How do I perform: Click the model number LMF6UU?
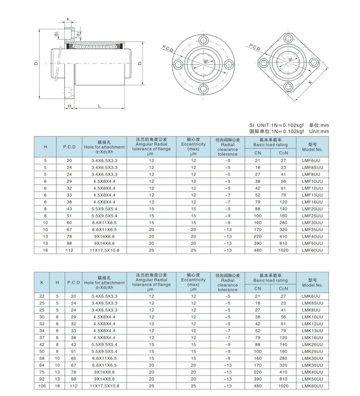(x=312, y=161)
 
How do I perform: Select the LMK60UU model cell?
(x=312, y=385)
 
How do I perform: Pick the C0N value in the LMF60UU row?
(x=283, y=250)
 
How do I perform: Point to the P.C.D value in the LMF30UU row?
(x=69, y=223)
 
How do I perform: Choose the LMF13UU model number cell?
(x=312, y=195)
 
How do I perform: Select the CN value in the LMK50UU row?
(x=258, y=379)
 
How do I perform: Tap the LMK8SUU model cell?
(x=312, y=303)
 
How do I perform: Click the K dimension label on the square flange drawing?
(x=310, y=82)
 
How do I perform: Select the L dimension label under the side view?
(x=99, y=106)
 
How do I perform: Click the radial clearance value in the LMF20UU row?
(x=228, y=209)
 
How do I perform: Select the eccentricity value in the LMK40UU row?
(x=193, y=372)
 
